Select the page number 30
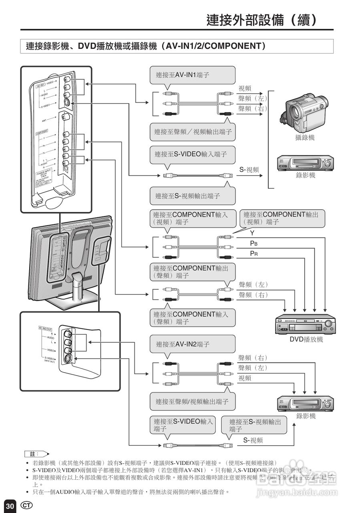pos(10,506)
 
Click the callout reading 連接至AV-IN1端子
pos(192,75)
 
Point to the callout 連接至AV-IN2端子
pos(192,344)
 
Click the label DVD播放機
pos(306,339)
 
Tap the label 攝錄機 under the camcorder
pos(305,137)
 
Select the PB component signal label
pos(253,243)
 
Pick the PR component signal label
pos(253,254)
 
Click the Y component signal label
pos(252,233)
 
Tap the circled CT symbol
pos(26,505)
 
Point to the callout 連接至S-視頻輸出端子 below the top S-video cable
pos(192,196)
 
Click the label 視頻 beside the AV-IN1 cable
pos(245,89)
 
